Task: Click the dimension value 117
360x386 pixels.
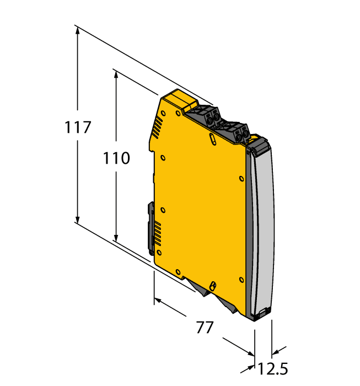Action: click(x=77, y=127)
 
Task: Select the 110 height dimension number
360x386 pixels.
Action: click(x=116, y=159)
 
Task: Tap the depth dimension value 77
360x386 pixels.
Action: click(x=205, y=327)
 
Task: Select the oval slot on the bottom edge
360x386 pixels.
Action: click(x=212, y=285)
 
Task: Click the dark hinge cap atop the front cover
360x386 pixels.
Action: click(x=258, y=144)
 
